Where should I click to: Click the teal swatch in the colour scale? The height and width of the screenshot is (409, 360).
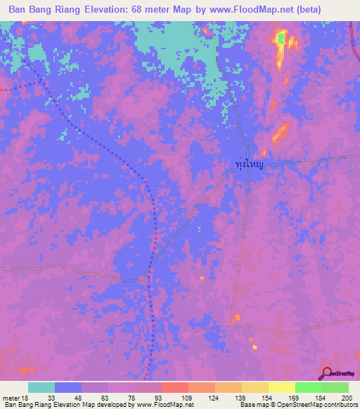(41, 387)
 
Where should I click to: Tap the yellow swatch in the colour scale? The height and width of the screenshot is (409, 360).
(281, 387)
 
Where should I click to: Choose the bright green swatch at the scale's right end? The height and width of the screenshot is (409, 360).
(335, 387)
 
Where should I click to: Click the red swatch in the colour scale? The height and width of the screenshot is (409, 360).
(174, 387)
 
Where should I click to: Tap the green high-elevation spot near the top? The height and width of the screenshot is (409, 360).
(280, 39)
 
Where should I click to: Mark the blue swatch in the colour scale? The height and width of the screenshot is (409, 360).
(67, 387)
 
